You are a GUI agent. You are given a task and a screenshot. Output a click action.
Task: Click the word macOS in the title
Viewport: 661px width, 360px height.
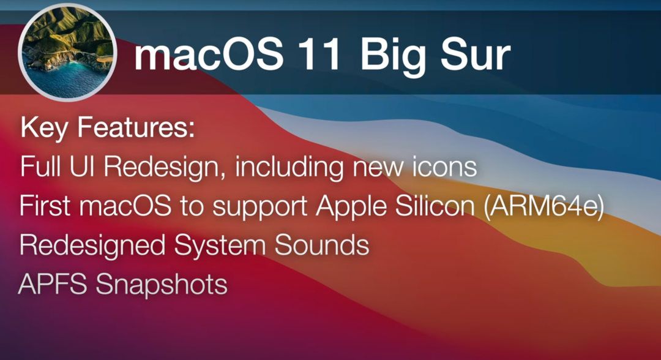[209, 56]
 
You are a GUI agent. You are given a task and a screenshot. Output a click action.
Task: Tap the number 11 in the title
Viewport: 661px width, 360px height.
[322, 56]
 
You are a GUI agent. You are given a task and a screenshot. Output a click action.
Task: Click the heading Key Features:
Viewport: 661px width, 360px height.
[108, 129]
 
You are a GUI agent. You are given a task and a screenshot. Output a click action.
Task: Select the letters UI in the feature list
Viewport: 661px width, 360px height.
[81, 167]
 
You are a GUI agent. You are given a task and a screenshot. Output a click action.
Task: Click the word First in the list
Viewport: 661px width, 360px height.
[47, 207]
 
